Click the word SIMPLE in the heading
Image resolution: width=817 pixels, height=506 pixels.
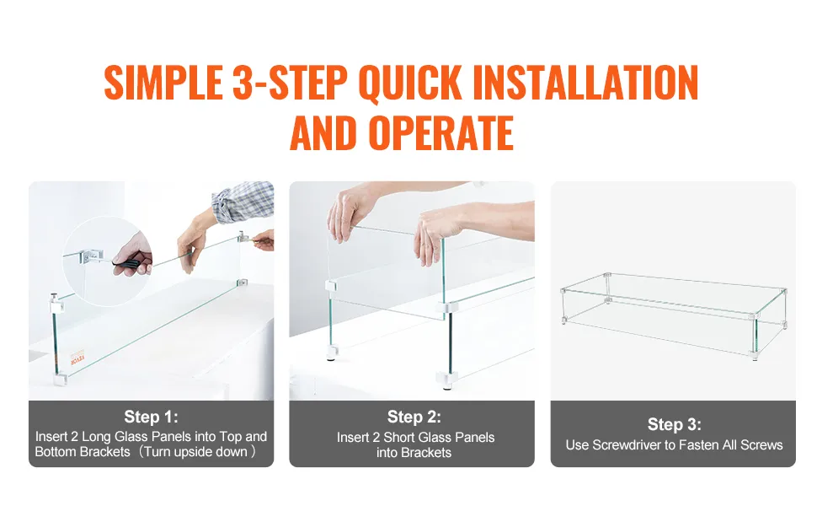(163, 83)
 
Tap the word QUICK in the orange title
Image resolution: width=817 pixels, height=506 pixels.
(410, 83)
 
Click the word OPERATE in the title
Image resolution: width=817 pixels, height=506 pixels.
(441, 132)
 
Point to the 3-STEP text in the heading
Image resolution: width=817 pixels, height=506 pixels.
(291, 83)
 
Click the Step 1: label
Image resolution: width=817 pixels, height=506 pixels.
(151, 417)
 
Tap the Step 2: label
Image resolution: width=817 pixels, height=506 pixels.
(414, 417)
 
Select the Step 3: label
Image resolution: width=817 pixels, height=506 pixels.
(674, 424)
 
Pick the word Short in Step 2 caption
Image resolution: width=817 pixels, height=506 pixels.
(398, 437)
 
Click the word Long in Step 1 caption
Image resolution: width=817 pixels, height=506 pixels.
(96, 437)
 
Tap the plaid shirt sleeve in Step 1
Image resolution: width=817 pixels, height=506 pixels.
(244, 202)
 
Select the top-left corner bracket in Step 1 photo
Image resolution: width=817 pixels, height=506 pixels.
(56, 303)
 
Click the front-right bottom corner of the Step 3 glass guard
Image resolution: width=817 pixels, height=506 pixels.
(755, 355)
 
